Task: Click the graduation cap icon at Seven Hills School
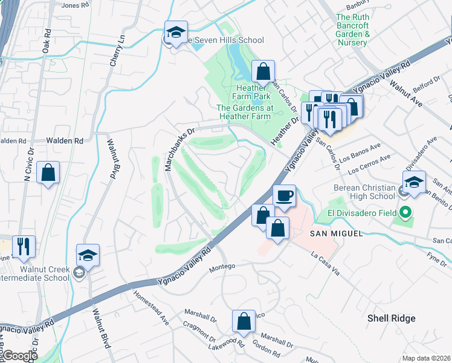[x=176, y=33]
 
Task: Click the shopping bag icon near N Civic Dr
[x=48, y=173]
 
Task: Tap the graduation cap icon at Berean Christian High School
[x=414, y=182]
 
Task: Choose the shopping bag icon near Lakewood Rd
[x=243, y=322]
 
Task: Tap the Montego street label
[x=221, y=267]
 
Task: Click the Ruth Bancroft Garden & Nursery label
[x=352, y=30]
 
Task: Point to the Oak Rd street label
[x=46, y=42]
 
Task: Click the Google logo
[x=20, y=356]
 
